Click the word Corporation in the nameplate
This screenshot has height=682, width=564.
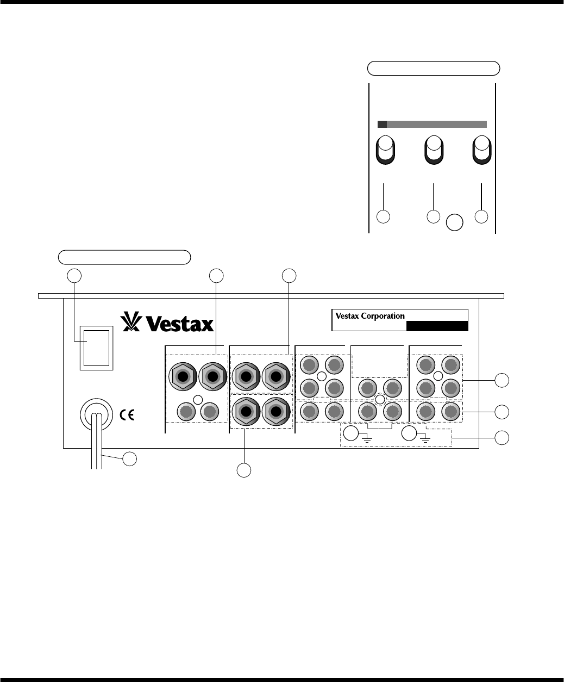(x=385, y=315)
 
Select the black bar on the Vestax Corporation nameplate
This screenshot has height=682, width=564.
(x=436, y=326)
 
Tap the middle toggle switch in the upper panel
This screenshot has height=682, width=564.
(x=434, y=150)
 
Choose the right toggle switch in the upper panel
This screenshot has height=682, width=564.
(x=482, y=150)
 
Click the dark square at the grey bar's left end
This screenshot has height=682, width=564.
(x=382, y=124)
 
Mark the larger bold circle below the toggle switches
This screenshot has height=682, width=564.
(x=455, y=222)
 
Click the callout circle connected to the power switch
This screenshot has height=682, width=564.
(x=74, y=276)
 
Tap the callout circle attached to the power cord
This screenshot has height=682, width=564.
(x=129, y=459)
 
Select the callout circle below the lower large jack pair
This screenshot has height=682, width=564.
(x=245, y=470)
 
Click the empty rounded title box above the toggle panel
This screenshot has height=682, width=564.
(x=434, y=68)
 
